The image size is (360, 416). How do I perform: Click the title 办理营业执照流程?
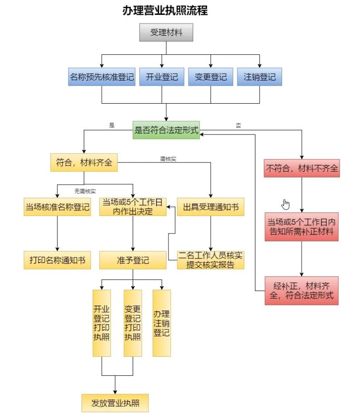(165, 11)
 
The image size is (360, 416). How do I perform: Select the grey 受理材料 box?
(166, 33)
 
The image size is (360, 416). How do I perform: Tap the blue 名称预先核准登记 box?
(102, 77)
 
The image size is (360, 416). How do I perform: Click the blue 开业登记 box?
(162, 77)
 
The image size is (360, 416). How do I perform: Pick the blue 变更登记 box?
(211, 77)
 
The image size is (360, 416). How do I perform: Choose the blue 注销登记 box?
(259, 77)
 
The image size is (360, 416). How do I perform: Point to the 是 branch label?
(112, 126)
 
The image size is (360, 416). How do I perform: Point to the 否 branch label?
(238, 126)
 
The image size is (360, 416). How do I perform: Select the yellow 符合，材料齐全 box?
(84, 163)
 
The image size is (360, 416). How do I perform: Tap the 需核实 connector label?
(168, 159)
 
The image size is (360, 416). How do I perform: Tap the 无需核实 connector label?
(85, 191)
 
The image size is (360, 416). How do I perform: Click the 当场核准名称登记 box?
(57, 207)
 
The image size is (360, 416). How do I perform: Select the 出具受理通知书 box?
(211, 207)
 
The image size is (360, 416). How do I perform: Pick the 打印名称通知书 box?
(57, 260)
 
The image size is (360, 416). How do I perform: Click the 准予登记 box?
(133, 260)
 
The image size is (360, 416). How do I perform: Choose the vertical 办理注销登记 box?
(162, 323)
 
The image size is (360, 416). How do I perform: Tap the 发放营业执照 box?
(115, 403)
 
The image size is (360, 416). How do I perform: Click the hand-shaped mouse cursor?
(285, 205)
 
